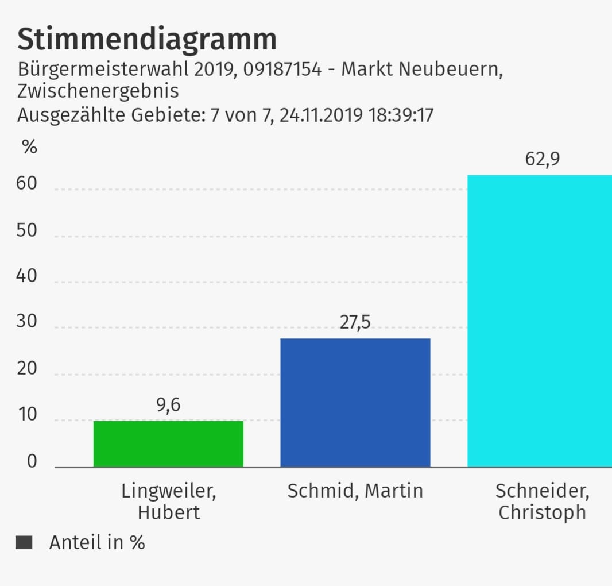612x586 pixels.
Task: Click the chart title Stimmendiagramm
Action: click(147, 39)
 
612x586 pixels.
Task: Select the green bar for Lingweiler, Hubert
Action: click(168, 444)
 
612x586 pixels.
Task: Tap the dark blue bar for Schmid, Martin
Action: click(355, 402)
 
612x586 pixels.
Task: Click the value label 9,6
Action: click(168, 406)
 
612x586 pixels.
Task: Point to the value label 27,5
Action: click(355, 323)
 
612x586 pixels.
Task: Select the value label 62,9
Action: click(542, 159)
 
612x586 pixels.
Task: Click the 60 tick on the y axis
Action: click(27, 184)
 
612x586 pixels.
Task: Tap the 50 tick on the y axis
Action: click(27, 231)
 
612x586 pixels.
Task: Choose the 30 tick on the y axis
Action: click(27, 322)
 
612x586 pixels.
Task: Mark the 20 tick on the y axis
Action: click(27, 369)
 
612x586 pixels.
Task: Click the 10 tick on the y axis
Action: click(27, 415)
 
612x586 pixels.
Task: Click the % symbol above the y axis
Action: click(29, 147)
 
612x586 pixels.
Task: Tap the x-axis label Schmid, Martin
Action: click(355, 491)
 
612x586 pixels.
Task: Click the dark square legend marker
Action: click(24, 543)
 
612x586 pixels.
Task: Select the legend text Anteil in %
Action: click(97, 543)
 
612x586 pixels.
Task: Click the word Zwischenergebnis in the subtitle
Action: click(98, 91)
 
